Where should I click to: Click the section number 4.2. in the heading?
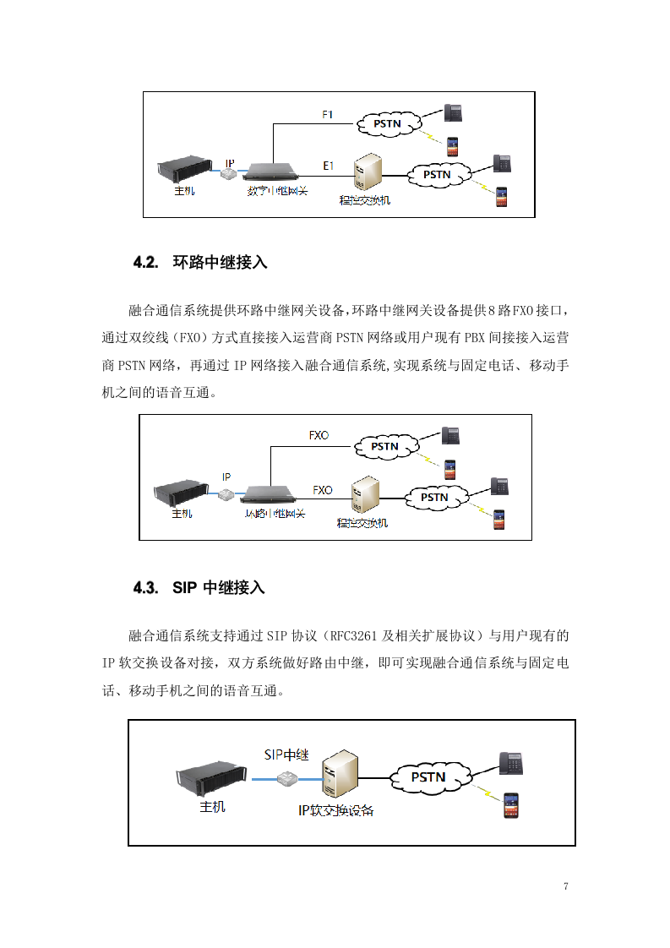[x=145, y=263]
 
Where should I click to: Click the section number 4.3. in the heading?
[x=145, y=588]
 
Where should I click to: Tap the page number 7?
[x=565, y=886]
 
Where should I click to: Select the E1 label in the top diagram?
[x=329, y=166]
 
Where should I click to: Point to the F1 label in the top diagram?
[x=329, y=114]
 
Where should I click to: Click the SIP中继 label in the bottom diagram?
[x=286, y=755]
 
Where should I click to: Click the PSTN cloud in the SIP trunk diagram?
[x=428, y=776]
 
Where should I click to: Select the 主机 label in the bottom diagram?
[x=212, y=807]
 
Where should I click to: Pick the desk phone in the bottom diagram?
[x=511, y=762]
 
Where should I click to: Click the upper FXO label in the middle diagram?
[x=319, y=436]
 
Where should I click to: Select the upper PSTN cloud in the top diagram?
[x=387, y=124]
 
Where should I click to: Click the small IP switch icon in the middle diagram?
[x=226, y=494]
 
